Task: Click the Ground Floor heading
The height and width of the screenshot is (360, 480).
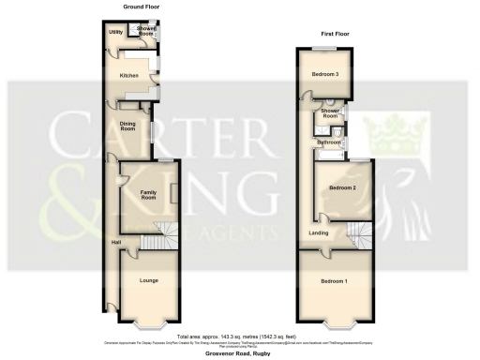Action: click(x=138, y=7)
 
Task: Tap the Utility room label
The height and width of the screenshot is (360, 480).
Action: click(x=116, y=33)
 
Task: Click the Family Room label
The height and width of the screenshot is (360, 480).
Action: click(x=148, y=195)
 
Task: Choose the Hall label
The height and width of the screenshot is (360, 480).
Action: click(x=115, y=244)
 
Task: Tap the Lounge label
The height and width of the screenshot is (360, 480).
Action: click(x=148, y=280)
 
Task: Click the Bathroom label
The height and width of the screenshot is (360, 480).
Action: click(x=328, y=142)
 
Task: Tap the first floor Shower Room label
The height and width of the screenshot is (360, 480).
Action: click(x=330, y=114)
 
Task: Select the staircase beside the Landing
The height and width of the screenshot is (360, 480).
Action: click(x=359, y=233)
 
